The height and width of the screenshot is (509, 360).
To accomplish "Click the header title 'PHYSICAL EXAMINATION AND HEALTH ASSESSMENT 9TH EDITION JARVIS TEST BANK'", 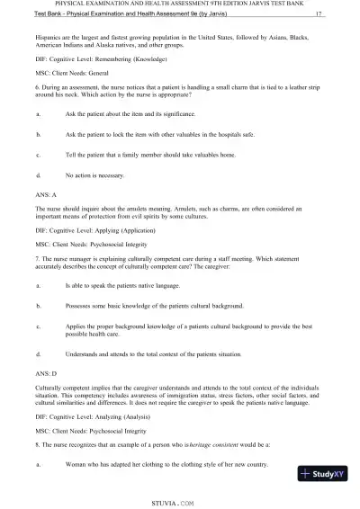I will click(180, 4).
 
